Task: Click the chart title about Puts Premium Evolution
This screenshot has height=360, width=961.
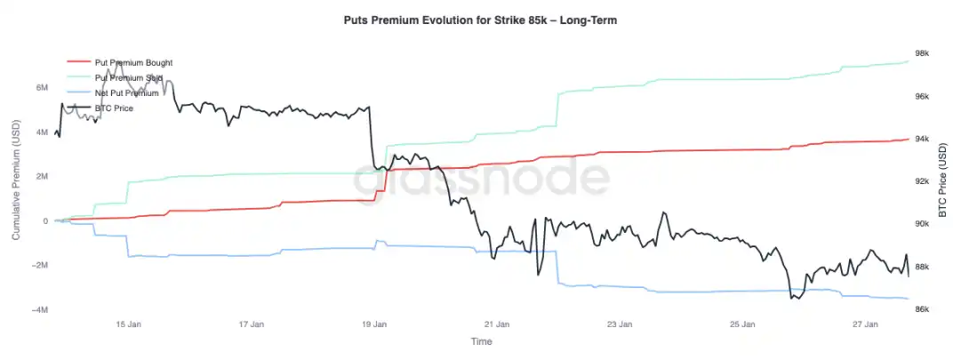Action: pos(480,20)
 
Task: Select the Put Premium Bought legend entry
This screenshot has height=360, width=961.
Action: pos(133,63)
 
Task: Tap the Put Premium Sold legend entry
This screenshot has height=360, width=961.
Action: pos(128,78)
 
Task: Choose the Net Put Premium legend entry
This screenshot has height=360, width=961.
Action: pos(126,93)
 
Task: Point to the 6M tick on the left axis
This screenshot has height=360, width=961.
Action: pos(41,88)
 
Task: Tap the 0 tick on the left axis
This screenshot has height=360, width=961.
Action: pos(44,221)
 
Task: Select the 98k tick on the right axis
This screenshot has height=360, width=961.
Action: pos(923,53)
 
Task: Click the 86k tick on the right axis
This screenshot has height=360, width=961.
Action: pos(923,309)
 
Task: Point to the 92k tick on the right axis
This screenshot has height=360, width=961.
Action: pos(923,181)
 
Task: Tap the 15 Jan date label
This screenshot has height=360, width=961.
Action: pos(129,324)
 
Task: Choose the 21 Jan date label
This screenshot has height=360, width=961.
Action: pos(497,324)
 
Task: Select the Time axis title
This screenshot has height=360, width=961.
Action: pos(481,341)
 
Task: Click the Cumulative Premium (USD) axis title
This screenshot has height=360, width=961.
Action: pos(17,181)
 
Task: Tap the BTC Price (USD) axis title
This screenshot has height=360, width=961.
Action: pos(943,181)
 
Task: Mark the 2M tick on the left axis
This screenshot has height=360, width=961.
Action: pos(41,177)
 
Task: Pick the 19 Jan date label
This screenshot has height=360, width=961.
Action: pos(374,324)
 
